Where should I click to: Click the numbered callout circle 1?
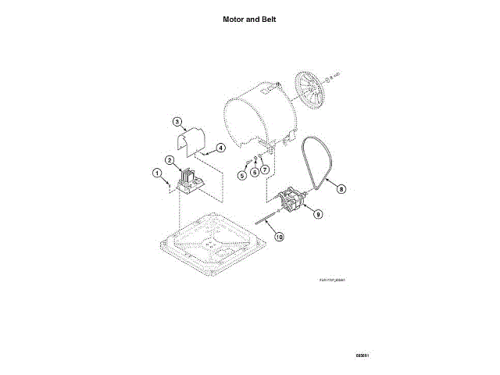pos(156,173)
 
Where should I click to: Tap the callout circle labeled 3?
pos(177,121)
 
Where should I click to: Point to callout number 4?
pos(220,147)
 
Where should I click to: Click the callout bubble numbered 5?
pos(242,176)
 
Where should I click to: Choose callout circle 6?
pos(254,172)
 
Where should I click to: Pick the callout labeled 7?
pos(265,169)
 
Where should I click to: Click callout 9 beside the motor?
pos(318,212)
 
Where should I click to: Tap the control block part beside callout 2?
pos(189,183)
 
